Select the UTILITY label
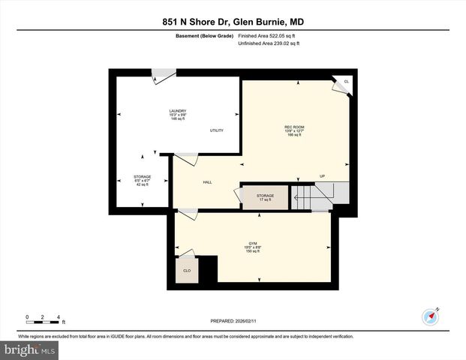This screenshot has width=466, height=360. (x=217, y=130)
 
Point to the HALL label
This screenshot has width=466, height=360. (x=207, y=182)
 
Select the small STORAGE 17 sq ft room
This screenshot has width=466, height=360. (x=264, y=196)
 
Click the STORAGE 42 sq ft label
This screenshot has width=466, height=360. (x=142, y=180)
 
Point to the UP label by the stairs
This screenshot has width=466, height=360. (x=322, y=176)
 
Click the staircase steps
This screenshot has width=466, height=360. (x=314, y=198)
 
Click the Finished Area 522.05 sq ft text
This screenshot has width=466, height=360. (x=269, y=36)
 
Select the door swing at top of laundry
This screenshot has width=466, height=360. (x=162, y=76)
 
